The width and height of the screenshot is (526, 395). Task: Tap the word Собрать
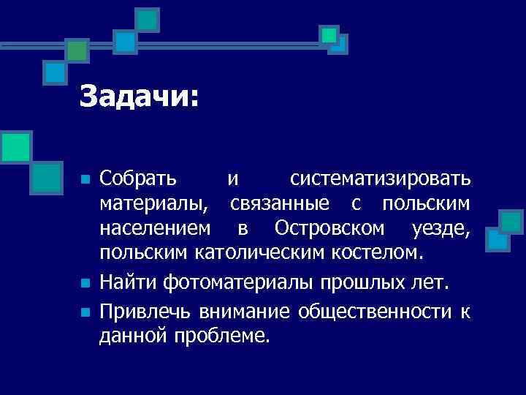click(138, 178)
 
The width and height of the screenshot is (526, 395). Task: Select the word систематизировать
click(380, 178)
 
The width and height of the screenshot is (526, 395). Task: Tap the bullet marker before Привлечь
click(85, 312)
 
